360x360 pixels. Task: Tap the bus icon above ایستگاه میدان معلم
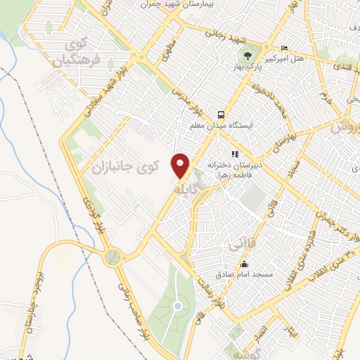coord(221,114)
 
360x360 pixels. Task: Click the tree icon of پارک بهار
coord(247,55)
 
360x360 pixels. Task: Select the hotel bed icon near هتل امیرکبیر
coord(283,47)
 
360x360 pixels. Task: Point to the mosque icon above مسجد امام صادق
coord(244,264)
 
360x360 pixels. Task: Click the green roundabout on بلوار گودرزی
coord(111,258)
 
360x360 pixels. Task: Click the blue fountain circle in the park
coord(178,306)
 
